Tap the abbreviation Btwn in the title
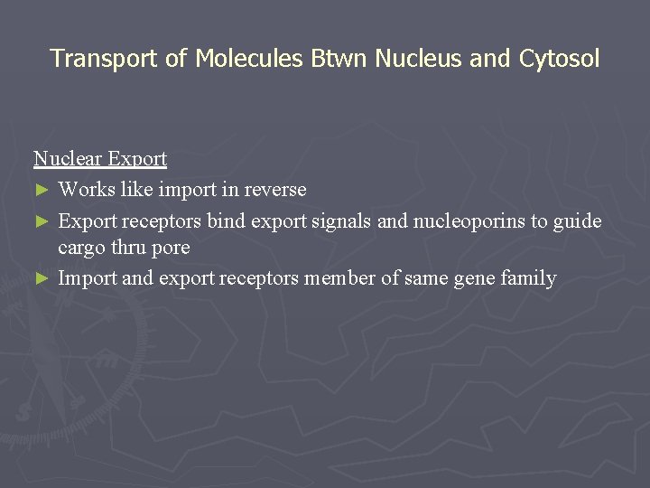tap(339, 59)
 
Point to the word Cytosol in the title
tap(559, 59)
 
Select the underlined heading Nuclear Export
tap(100, 159)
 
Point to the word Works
tap(85, 190)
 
